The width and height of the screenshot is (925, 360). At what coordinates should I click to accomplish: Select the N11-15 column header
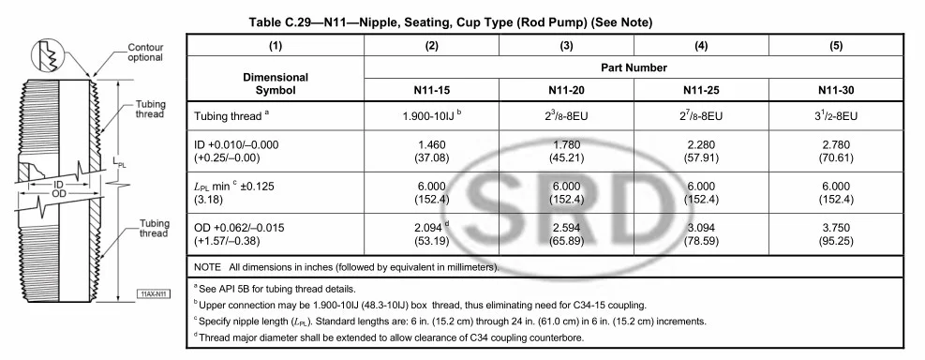[432, 91]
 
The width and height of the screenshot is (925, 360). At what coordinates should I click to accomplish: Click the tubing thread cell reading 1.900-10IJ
[432, 117]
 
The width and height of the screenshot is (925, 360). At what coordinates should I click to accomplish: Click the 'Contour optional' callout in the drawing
[145, 52]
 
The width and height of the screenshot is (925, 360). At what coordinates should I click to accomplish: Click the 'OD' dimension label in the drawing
[58, 195]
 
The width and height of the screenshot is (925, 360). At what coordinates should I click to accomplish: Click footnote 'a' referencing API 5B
[280, 288]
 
